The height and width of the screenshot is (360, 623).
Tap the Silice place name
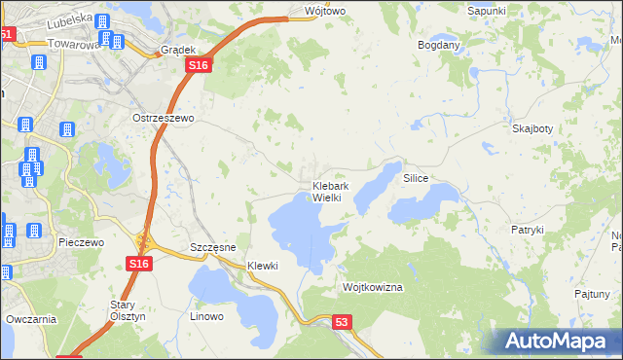coord(416,179)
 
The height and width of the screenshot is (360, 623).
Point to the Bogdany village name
coord(438,45)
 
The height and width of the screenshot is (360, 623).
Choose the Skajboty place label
coord(531,127)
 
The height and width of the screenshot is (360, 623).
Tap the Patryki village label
coord(527,230)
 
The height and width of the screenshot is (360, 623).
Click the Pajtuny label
coord(592,293)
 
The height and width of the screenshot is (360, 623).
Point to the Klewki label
coord(263,266)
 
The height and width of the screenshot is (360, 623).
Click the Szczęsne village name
coord(213,248)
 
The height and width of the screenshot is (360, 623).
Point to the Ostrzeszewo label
coord(165,117)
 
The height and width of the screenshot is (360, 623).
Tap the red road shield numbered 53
coord(341,321)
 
